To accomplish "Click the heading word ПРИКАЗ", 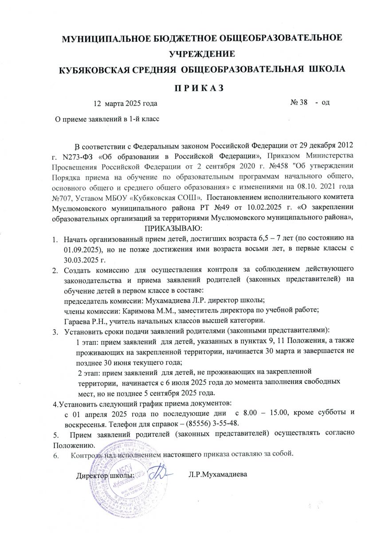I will click(x=186, y=87).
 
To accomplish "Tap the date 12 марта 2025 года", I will click(x=125, y=103).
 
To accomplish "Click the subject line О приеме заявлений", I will click(x=106, y=119).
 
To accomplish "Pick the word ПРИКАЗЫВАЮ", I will click(x=172, y=228).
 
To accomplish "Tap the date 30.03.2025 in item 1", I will click(x=82, y=259).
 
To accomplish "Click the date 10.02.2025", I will click(x=249, y=207).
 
